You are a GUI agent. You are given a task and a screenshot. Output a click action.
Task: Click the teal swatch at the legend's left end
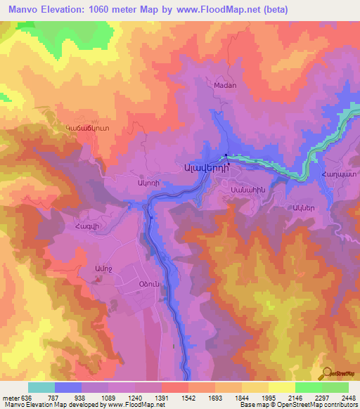(x=41, y=387)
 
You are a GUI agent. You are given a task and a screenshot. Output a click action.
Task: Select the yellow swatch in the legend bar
(x=281, y=387)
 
